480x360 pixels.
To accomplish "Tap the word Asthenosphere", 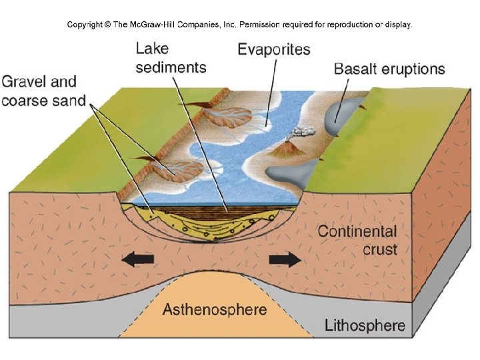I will click(x=215, y=309).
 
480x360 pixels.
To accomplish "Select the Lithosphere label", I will click(x=365, y=326).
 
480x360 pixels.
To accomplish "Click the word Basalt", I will click(x=353, y=69).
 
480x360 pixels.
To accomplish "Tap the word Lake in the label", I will click(x=153, y=49).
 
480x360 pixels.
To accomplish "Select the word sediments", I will click(x=171, y=67).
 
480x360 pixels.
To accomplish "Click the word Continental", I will click(x=357, y=232).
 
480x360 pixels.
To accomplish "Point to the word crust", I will click(x=380, y=249).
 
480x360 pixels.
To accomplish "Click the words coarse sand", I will click(x=44, y=101).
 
